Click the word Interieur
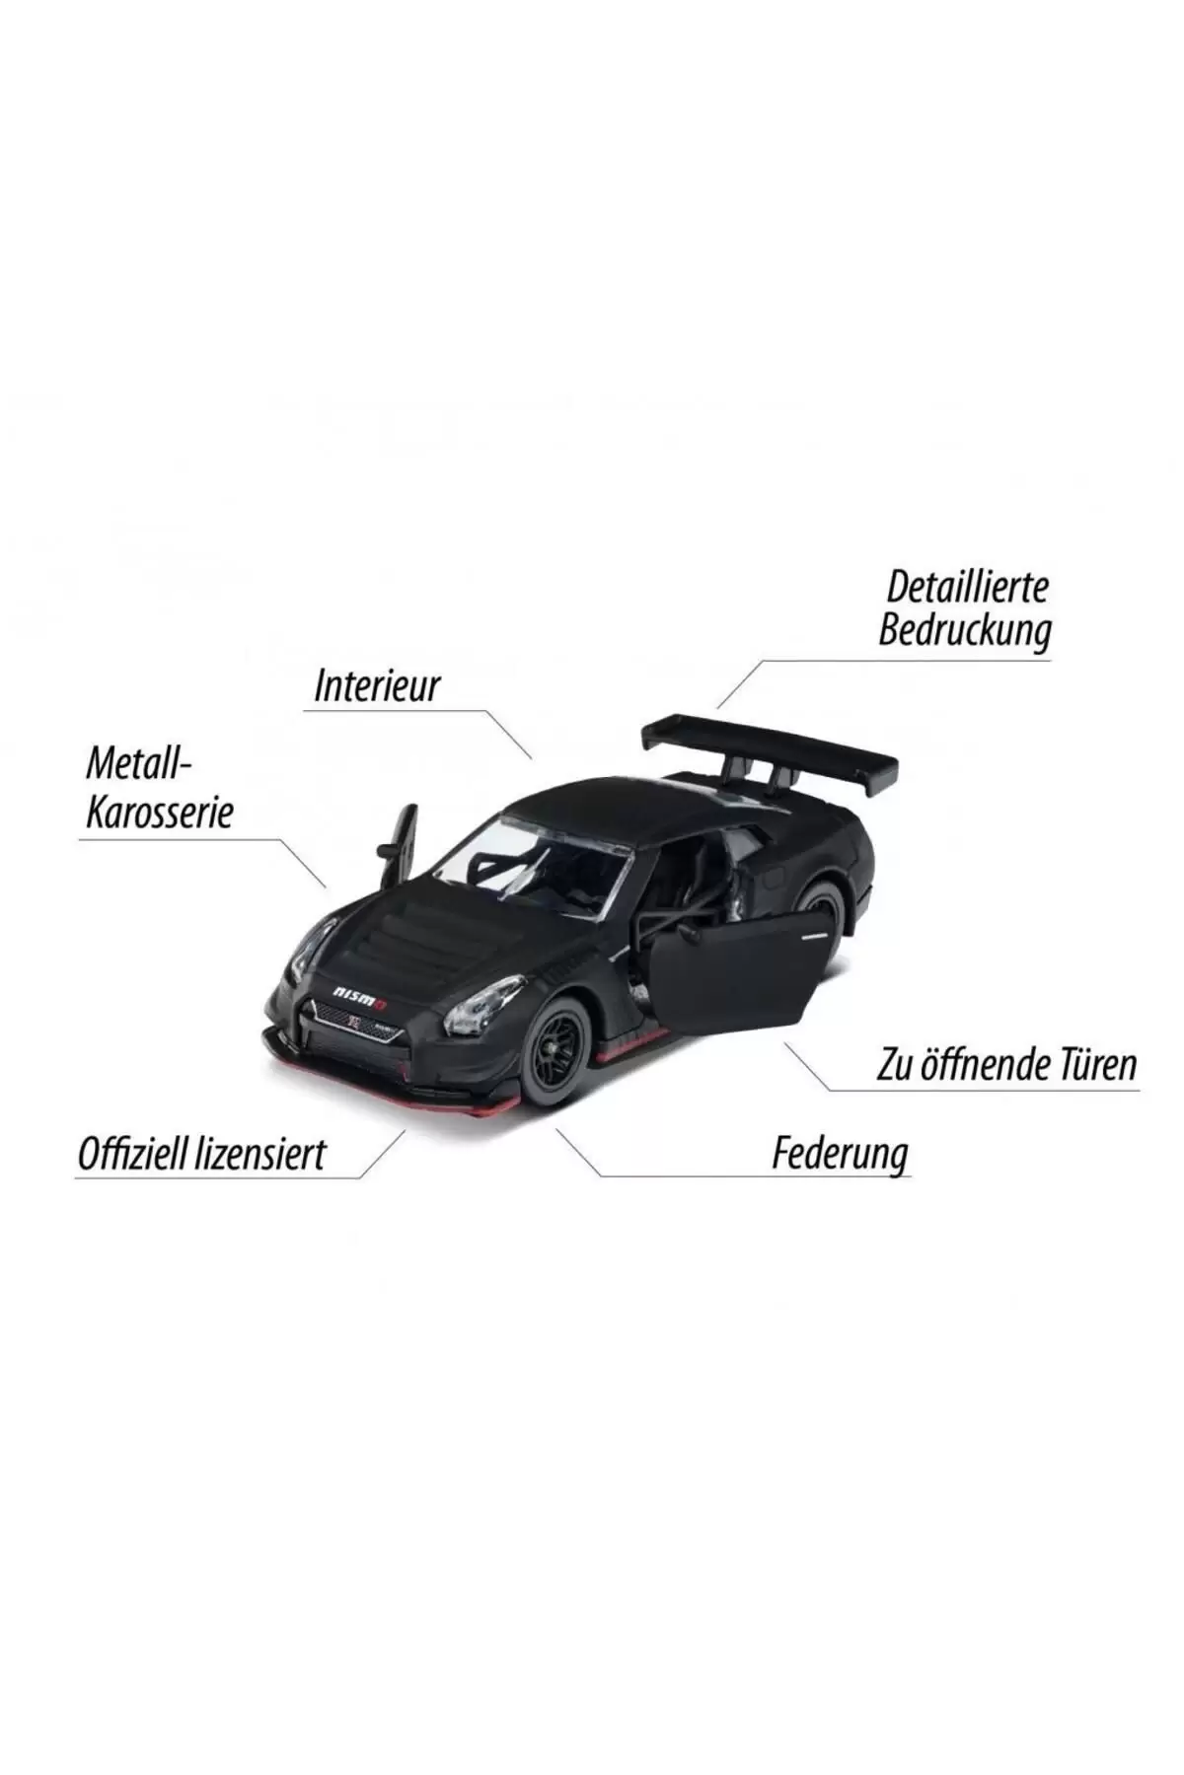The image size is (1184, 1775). click(x=376, y=686)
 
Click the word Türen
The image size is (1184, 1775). click(x=1096, y=1064)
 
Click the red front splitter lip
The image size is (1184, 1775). click(x=395, y=1084)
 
